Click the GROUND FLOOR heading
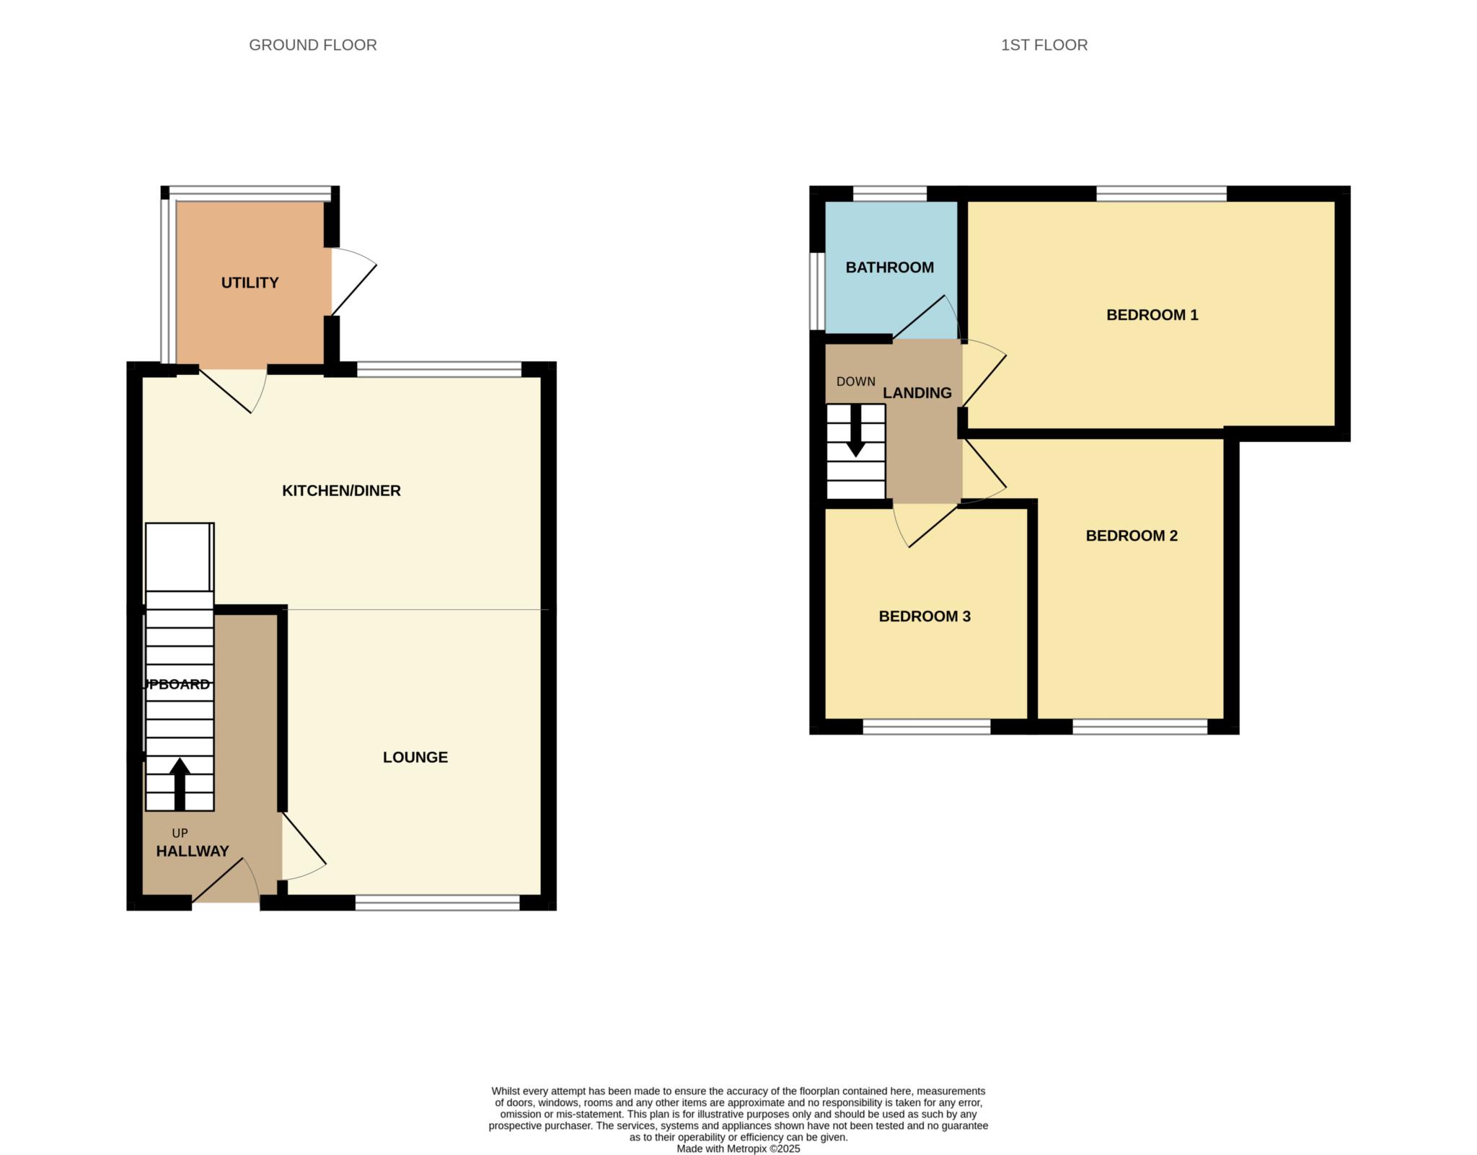point(312,45)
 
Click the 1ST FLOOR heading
point(1044,45)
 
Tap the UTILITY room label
point(250,283)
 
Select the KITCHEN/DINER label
point(341,491)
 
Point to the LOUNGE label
point(415,757)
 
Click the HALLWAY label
point(193,851)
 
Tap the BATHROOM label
point(889,267)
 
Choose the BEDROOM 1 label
point(1152,315)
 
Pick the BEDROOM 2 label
point(1131,536)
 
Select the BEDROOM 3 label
point(924,616)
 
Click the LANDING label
point(917,393)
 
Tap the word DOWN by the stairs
point(855,381)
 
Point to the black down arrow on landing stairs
point(855,431)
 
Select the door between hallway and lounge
point(303,847)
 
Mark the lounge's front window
point(437,903)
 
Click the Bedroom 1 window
point(1161,193)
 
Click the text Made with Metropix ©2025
point(738,1149)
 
